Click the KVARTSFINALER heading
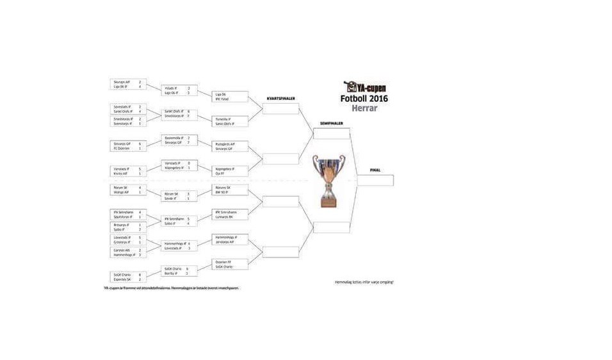coord(280,99)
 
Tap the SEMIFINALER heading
coord(332,123)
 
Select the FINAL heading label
coord(375,170)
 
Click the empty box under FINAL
coord(375,181)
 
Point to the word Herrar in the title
coord(363,108)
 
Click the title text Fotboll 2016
coord(364,98)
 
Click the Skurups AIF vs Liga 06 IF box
coord(129,84)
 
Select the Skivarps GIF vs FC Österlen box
coord(129,145)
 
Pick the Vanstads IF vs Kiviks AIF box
coord(129,170)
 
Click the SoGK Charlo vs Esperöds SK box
coord(129,277)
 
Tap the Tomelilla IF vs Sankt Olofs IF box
coord(229,121)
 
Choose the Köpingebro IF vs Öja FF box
coord(229,170)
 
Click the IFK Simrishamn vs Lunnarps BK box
coord(229,215)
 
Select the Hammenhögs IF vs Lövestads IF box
coord(179,245)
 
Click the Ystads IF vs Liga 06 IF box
coord(179,90)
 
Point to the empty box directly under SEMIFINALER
coord(332,133)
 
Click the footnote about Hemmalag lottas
coord(364,282)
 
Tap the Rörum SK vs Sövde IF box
coord(179,195)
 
